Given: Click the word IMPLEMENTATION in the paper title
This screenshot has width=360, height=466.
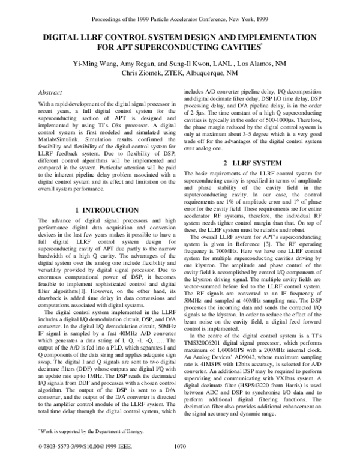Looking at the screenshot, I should (x=281, y=37).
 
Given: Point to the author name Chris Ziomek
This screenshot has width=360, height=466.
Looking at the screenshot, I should (x=143, y=73).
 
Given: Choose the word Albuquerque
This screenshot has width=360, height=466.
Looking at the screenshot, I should (x=215, y=73).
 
